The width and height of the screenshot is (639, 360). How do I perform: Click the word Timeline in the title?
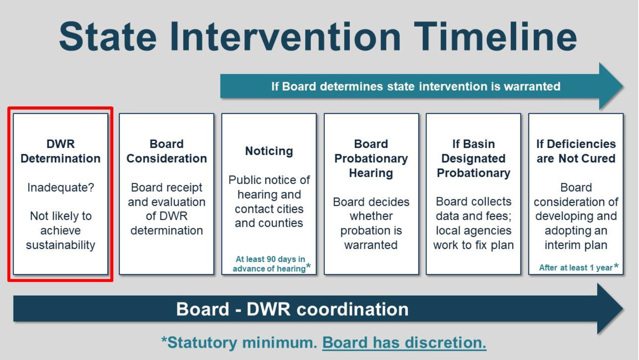pyautogui.click(x=495, y=36)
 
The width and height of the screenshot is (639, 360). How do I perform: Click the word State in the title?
pyautogui.click(x=108, y=36)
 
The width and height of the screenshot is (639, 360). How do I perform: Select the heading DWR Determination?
pyautogui.click(x=60, y=151)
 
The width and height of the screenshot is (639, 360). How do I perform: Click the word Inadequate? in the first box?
pyautogui.click(x=60, y=187)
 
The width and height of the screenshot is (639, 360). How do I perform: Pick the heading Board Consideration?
pyautogui.click(x=167, y=151)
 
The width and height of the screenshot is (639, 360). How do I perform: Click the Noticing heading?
pyautogui.click(x=269, y=151)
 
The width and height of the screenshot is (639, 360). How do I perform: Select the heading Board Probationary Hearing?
pyautogui.click(x=371, y=158)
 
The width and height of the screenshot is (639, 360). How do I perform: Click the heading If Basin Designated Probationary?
pyautogui.click(x=474, y=158)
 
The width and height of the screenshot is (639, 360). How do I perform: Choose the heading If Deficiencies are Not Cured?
pyautogui.click(x=576, y=151)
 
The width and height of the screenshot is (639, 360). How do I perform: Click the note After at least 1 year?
pyautogui.click(x=578, y=267)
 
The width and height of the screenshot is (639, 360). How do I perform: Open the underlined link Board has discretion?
pyautogui.click(x=404, y=342)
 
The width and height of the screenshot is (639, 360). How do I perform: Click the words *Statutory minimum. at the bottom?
pyautogui.click(x=239, y=342)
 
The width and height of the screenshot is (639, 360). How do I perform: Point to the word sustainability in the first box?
pyautogui.click(x=60, y=245)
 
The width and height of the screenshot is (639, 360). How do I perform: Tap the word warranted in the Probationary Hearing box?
pyautogui.click(x=371, y=245)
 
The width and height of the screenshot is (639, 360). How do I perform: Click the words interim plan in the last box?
pyautogui.click(x=576, y=245)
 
